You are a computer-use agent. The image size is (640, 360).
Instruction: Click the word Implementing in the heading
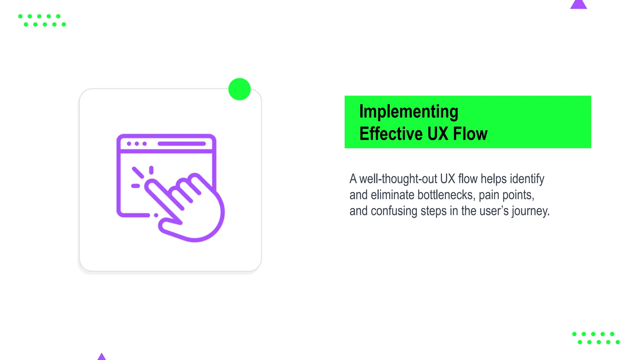coord(408,112)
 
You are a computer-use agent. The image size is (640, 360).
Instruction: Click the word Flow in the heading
coord(470,134)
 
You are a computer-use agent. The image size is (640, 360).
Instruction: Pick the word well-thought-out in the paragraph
coord(398,179)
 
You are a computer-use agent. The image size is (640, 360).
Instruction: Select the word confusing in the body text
coord(394,211)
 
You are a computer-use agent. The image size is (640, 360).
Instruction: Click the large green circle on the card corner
coord(239,89)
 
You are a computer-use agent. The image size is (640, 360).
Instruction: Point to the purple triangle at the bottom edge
coord(102,357)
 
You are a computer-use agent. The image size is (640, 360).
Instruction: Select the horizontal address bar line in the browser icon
coord(182,144)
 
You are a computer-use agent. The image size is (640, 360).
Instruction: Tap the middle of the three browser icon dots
coord(137,144)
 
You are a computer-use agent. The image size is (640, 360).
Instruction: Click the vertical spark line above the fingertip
coord(151,170)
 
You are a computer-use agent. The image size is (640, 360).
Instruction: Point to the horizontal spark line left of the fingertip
coord(135,186)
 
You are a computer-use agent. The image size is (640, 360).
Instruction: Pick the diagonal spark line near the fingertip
coord(137,172)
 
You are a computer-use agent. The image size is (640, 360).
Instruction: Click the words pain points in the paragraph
coord(506,195)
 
